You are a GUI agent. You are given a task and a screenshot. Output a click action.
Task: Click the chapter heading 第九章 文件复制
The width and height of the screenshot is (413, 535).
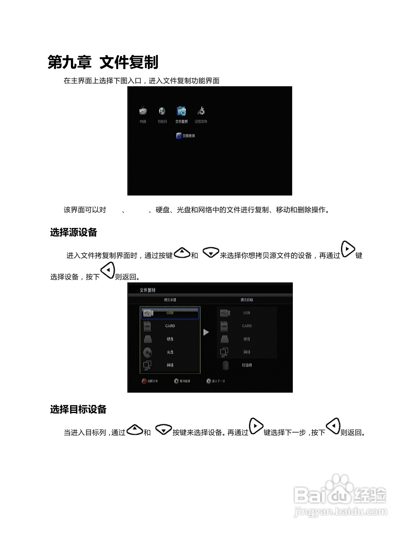coord(103,62)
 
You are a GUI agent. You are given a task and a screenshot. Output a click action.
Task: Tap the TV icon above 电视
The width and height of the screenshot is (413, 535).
coord(143,111)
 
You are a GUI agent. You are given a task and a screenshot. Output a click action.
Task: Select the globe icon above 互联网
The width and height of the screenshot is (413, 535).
coord(162,111)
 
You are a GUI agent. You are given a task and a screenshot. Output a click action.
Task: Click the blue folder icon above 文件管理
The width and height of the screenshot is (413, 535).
coord(181,111)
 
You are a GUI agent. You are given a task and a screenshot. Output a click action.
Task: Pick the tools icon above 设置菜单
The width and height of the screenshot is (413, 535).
coord(201,111)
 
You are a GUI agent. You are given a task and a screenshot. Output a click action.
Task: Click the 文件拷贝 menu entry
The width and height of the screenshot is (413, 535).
coord(186,136)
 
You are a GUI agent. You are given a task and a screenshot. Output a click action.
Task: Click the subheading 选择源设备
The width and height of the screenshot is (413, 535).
coord(74,232)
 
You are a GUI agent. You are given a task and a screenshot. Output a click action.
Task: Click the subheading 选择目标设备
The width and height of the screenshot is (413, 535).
coord(78,410)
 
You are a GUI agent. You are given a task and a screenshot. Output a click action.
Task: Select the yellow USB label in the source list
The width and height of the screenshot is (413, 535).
coord(170,313)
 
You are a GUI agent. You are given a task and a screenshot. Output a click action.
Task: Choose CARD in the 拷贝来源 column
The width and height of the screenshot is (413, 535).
coord(170,326)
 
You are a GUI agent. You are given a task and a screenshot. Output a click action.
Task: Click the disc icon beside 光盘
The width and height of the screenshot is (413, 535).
coord(147,352)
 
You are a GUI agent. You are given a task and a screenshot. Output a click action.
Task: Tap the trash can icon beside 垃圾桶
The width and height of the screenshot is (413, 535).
coord(225,365)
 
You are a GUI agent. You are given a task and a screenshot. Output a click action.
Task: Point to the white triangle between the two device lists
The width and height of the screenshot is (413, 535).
coord(206,332)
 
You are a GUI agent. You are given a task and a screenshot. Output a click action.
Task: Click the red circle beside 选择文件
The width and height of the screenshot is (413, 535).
coord(144,381)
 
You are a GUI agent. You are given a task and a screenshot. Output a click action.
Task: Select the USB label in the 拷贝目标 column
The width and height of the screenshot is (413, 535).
coord(247,313)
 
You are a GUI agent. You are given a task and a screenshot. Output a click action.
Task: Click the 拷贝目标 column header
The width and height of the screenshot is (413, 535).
coord(247,300)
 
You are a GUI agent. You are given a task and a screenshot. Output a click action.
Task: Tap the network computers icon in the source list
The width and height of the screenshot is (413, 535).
coord(147,365)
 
